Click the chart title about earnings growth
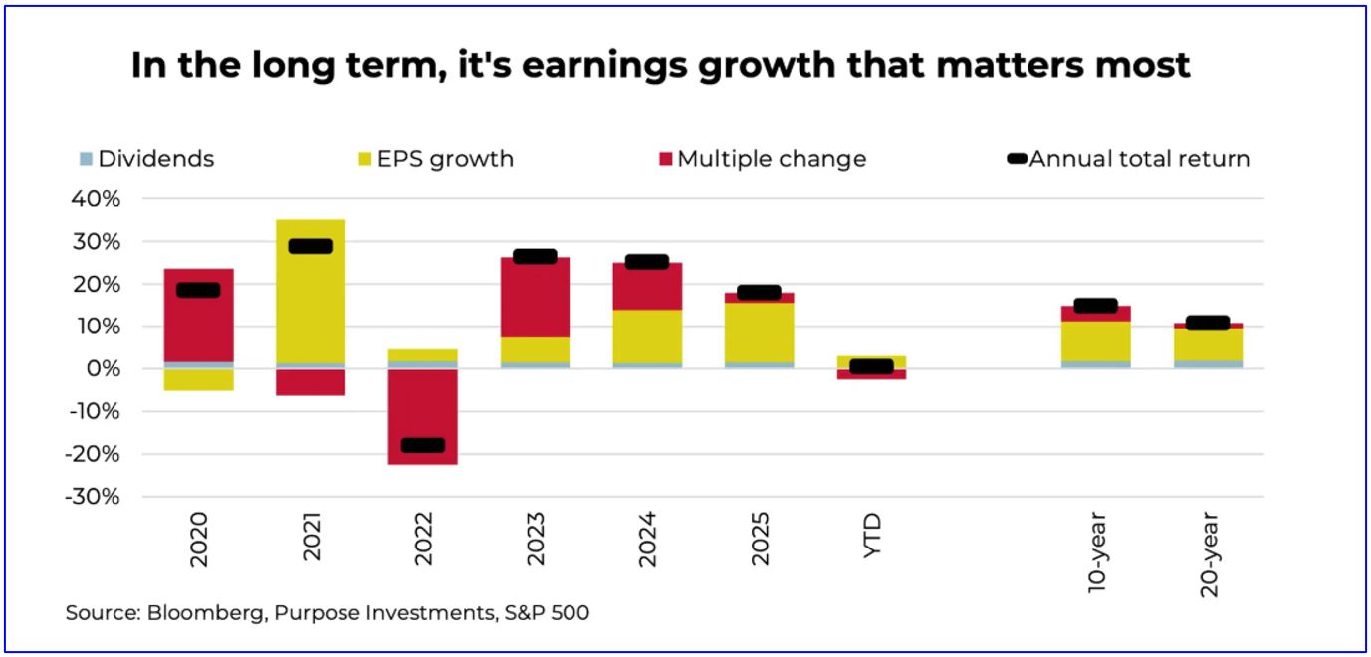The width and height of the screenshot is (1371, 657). point(661,65)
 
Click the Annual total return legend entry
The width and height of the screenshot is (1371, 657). point(1129,159)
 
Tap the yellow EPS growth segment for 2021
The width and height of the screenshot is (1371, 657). point(311,299)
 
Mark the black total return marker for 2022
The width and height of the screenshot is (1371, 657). point(423,445)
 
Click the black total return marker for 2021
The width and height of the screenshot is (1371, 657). point(311,246)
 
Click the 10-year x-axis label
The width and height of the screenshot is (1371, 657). point(1096,554)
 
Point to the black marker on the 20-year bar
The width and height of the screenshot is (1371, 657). point(1209,323)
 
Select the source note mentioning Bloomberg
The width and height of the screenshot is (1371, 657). point(328,613)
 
